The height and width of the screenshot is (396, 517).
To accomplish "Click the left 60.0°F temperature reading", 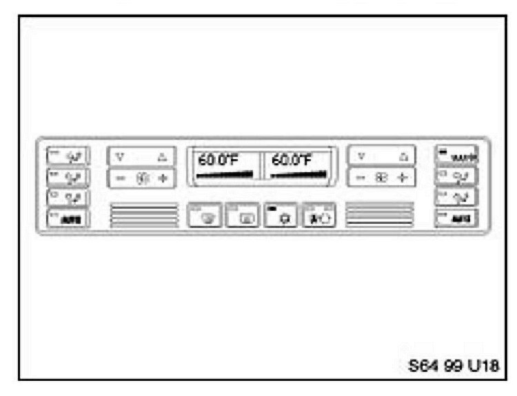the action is (x=218, y=161).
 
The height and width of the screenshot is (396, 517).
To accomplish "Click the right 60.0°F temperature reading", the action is (x=291, y=161).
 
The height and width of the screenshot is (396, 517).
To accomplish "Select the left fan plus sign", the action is (x=163, y=178).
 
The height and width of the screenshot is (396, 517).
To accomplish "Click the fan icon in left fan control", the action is (x=142, y=178).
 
